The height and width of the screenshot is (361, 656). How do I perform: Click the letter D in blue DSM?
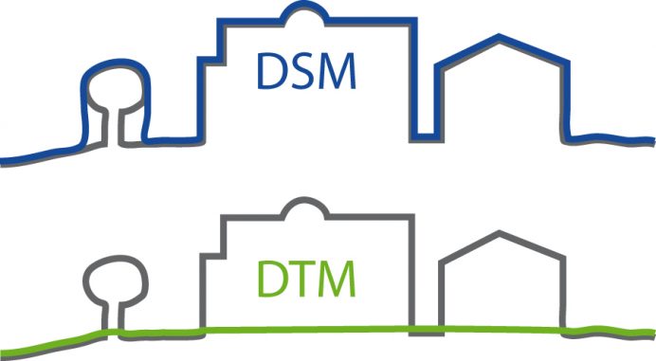point(275,74)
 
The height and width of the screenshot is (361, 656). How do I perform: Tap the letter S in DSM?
point(305,74)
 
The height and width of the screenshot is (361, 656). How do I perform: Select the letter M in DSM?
point(339,74)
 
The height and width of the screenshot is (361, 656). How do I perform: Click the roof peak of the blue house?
point(497,37)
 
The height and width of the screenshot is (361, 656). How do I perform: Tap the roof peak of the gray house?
point(498,232)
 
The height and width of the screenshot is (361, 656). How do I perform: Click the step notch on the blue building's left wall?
point(210,59)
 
